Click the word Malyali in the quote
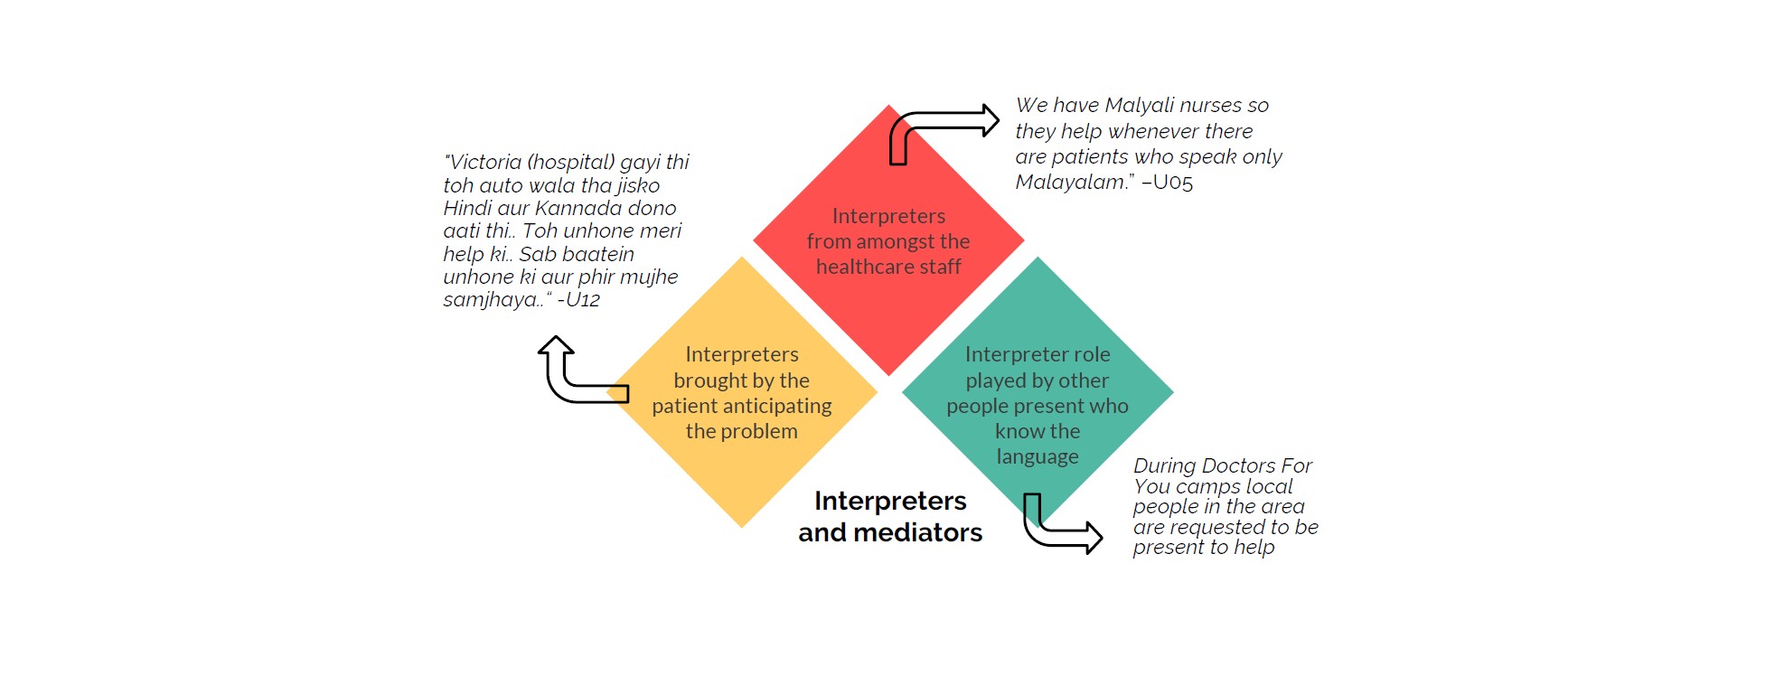(1139, 106)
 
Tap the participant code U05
(1173, 183)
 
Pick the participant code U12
(583, 300)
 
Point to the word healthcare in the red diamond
(865, 267)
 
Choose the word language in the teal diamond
(1038, 457)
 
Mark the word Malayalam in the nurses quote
(1070, 183)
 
